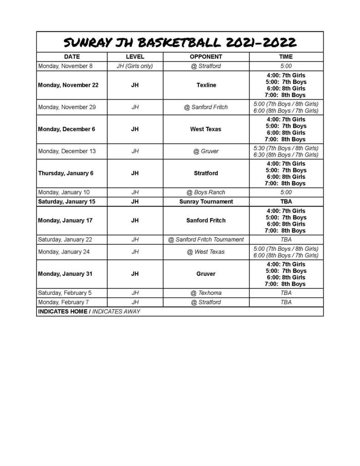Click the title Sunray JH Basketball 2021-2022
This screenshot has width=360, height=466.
180,42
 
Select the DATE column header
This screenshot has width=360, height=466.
72,57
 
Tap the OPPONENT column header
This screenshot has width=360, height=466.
206,57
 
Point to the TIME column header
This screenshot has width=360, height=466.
286,57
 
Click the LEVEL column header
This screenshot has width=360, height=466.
135,57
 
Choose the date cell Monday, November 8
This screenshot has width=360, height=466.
66,66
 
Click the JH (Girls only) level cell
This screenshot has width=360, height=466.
135,66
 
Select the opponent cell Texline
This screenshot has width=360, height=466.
206,85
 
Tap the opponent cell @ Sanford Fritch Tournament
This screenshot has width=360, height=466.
206,239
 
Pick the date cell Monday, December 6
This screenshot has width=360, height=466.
66,129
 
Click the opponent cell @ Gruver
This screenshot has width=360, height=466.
206,151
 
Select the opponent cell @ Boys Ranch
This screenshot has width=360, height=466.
206,192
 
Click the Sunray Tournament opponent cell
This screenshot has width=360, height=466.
206,201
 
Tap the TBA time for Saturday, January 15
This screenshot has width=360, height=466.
286,201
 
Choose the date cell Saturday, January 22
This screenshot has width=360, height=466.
66,239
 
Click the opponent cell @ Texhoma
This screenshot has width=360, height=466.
206,293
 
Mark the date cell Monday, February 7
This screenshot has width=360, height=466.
64,302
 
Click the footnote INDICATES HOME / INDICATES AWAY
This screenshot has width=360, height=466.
89,311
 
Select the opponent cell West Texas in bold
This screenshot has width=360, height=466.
206,129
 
